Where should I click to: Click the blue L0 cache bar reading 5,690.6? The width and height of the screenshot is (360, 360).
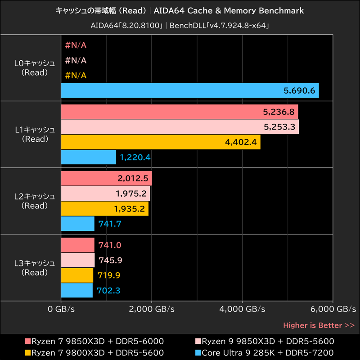189,90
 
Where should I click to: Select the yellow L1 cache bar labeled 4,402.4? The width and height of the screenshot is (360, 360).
160,142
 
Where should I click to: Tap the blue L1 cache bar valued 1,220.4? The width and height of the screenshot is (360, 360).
88,157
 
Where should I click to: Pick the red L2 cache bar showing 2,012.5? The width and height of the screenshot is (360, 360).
106,178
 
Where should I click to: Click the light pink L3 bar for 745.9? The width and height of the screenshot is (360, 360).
77,260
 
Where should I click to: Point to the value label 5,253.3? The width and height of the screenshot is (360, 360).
279,127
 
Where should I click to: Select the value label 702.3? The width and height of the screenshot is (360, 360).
108,291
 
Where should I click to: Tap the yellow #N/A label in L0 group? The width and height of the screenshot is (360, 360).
76,75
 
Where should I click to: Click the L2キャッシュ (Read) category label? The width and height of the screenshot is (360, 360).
35,201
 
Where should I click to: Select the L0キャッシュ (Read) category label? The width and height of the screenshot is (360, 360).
35,67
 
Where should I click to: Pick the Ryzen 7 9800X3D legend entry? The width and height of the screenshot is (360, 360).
97,352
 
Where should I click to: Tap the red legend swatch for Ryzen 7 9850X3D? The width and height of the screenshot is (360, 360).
28,341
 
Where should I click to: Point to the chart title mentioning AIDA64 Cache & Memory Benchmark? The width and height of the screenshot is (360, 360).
180,10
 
